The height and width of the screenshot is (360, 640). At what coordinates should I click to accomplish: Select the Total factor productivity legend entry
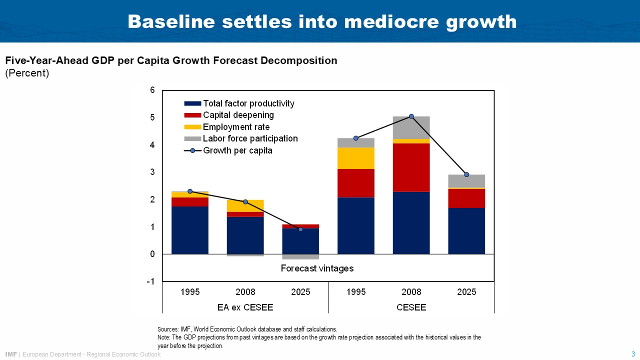coord(248,103)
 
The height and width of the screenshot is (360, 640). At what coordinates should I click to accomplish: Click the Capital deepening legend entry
coord(238,115)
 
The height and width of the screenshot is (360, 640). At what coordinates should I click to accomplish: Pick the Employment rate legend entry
coord(236,127)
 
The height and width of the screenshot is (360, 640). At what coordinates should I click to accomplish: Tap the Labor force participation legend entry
coord(250,138)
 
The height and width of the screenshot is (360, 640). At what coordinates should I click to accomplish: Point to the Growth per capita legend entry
coord(237,150)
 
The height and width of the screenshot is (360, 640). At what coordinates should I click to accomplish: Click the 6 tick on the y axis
coord(152,90)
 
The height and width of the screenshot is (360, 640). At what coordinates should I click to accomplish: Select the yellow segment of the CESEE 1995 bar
coord(356,158)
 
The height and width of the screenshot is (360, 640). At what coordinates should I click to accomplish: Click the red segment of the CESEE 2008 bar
coord(411,167)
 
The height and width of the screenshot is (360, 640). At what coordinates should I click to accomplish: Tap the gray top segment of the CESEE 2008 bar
coord(411,127)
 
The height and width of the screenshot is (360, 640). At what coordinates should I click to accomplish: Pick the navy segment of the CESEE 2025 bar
coord(466,231)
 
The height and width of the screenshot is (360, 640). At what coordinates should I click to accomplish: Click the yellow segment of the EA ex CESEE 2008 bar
coord(245,205)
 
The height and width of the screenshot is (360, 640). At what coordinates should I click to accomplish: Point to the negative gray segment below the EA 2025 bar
coord(300,256)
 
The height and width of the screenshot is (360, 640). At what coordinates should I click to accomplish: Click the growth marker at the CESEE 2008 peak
coord(411,116)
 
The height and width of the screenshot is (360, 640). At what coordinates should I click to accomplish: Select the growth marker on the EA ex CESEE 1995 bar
coord(190,191)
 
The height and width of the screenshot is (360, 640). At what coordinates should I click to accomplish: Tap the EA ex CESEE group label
coord(245,307)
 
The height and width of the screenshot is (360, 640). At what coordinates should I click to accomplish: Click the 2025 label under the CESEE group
coord(466,292)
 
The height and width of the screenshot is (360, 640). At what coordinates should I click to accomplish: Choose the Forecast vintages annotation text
coord(317,268)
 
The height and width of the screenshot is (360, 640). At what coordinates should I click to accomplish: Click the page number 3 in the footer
coord(633,354)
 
